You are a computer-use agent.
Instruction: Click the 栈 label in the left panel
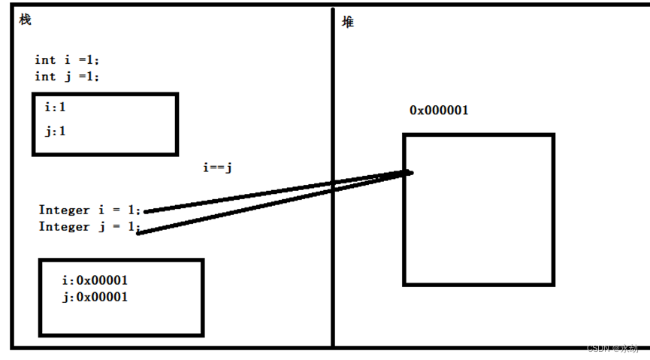pyautogui.click(x=25, y=20)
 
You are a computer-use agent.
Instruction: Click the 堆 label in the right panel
pyautogui.click(x=348, y=22)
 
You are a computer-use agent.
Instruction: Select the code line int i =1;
pyautogui.click(x=67, y=59)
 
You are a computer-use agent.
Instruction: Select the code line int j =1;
pyautogui.click(x=67, y=76)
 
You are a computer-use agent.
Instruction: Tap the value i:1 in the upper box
pyautogui.click(x=55, y=107)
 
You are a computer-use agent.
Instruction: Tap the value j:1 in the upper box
pyautogui.click(x=55, y=132)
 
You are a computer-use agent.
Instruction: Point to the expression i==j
pyautogui.click(x=217, y=168)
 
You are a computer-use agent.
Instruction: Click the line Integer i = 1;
pyautogui.click(x=89, y=210)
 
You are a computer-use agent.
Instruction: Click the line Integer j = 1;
pyautogui.click(x=89, y=226)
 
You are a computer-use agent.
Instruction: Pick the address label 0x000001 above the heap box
pyautogui.click(x=439, y=110)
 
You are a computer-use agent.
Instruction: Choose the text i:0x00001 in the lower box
pyautogui.click(x=95, y=280)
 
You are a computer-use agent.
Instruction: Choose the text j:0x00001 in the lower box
pyautogui.click(x=95, y=297)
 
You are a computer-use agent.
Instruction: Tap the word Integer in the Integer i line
pyautogui.click(x=64, y=210)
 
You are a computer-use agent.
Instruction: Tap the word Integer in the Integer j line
pyautogui.click(x=64, y=226)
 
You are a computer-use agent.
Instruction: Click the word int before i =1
pyautogui.click(x=45, y=59)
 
